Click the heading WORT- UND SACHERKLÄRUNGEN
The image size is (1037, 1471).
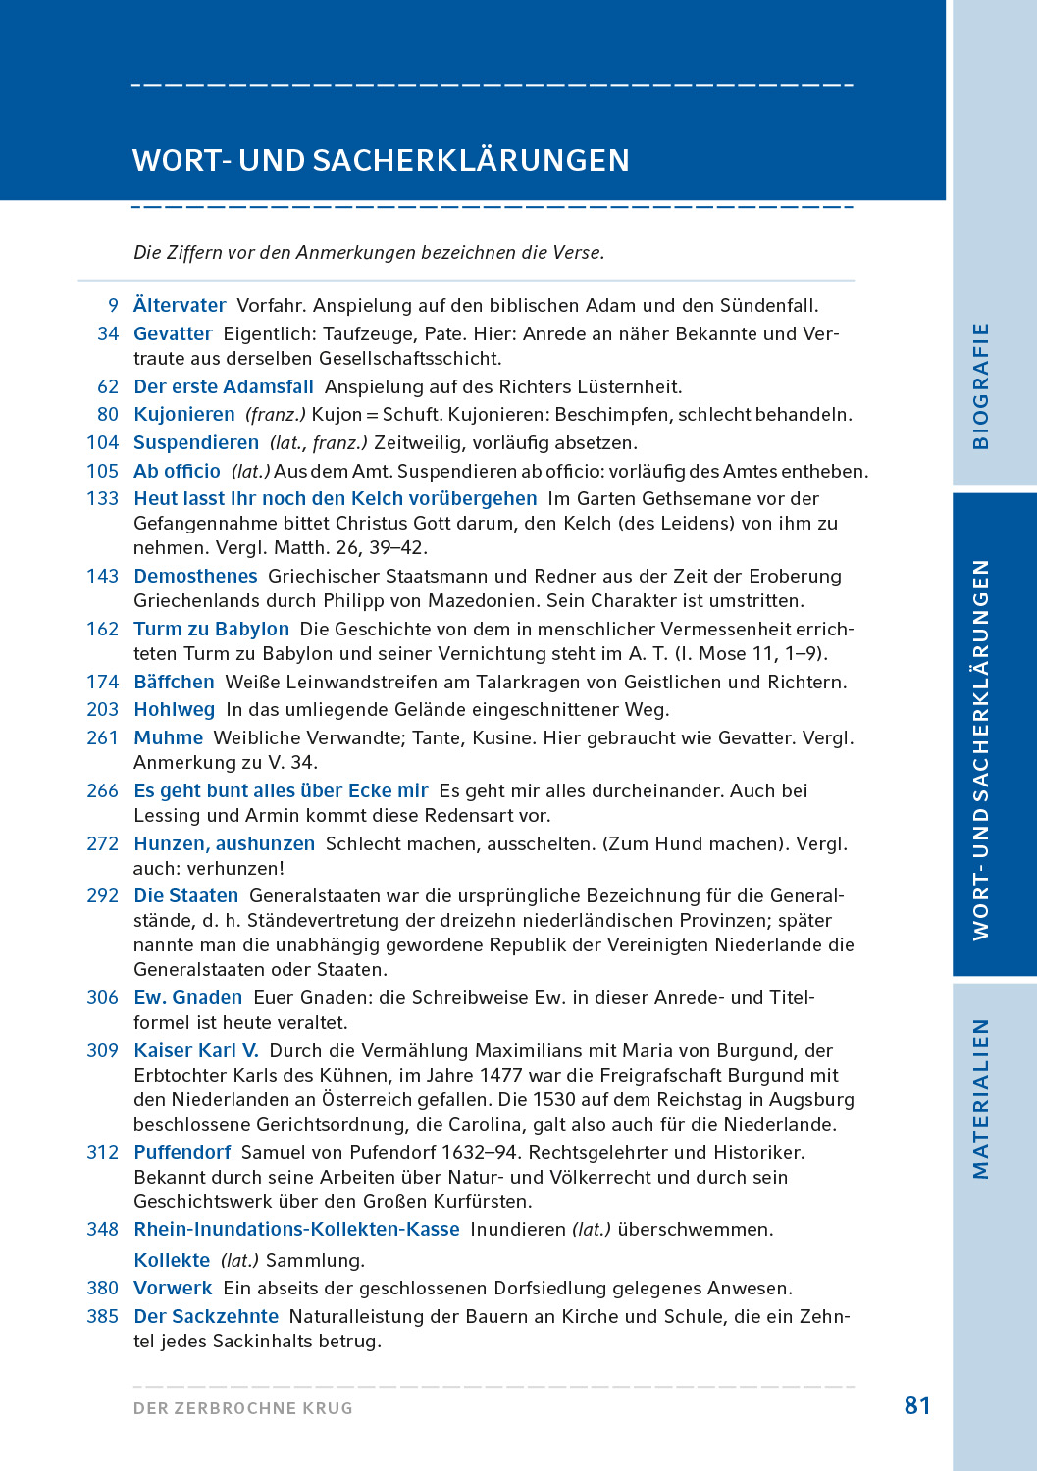381,160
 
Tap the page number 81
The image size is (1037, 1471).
917,1406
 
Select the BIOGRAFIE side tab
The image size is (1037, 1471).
980,385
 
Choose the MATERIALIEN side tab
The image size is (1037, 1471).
980,1098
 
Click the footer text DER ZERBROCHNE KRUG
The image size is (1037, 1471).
243,1408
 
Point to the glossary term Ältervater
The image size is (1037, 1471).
180,306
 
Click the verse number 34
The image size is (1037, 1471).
108,334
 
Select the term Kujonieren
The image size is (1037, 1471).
184,415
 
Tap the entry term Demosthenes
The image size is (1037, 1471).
195,577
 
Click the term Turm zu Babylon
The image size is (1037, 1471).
211,630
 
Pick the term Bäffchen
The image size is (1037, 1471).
174,683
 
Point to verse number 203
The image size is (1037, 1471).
102,710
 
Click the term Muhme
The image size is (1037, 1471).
168,738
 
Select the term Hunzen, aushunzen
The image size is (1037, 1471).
224,844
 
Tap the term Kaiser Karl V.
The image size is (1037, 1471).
196,1051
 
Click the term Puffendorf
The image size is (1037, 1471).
182,1153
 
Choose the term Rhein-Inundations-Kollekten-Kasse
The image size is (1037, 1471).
296,1230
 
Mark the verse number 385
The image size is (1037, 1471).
102,1317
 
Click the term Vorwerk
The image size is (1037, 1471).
173,1289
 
